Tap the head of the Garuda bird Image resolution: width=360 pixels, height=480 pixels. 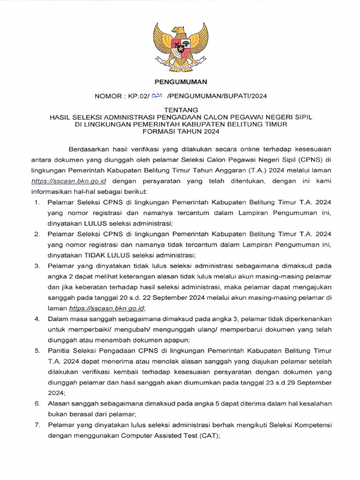pyautogui.click(x=179, y=31)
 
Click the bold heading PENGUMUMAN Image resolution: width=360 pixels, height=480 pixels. pyautogui.click(x=180, y=82)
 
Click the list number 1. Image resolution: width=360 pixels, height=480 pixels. pyautogui.click(x=37, y=203)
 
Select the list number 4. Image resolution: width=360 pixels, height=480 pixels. pyautogui.click(x=37, y=319)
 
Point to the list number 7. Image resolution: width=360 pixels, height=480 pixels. pyautogui.click(x=37, y=425)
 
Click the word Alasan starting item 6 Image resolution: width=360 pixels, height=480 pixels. pyautogui.click(x=58, y=404)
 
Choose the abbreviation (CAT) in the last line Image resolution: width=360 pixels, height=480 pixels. pyautogui.click(x=208, y=435)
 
